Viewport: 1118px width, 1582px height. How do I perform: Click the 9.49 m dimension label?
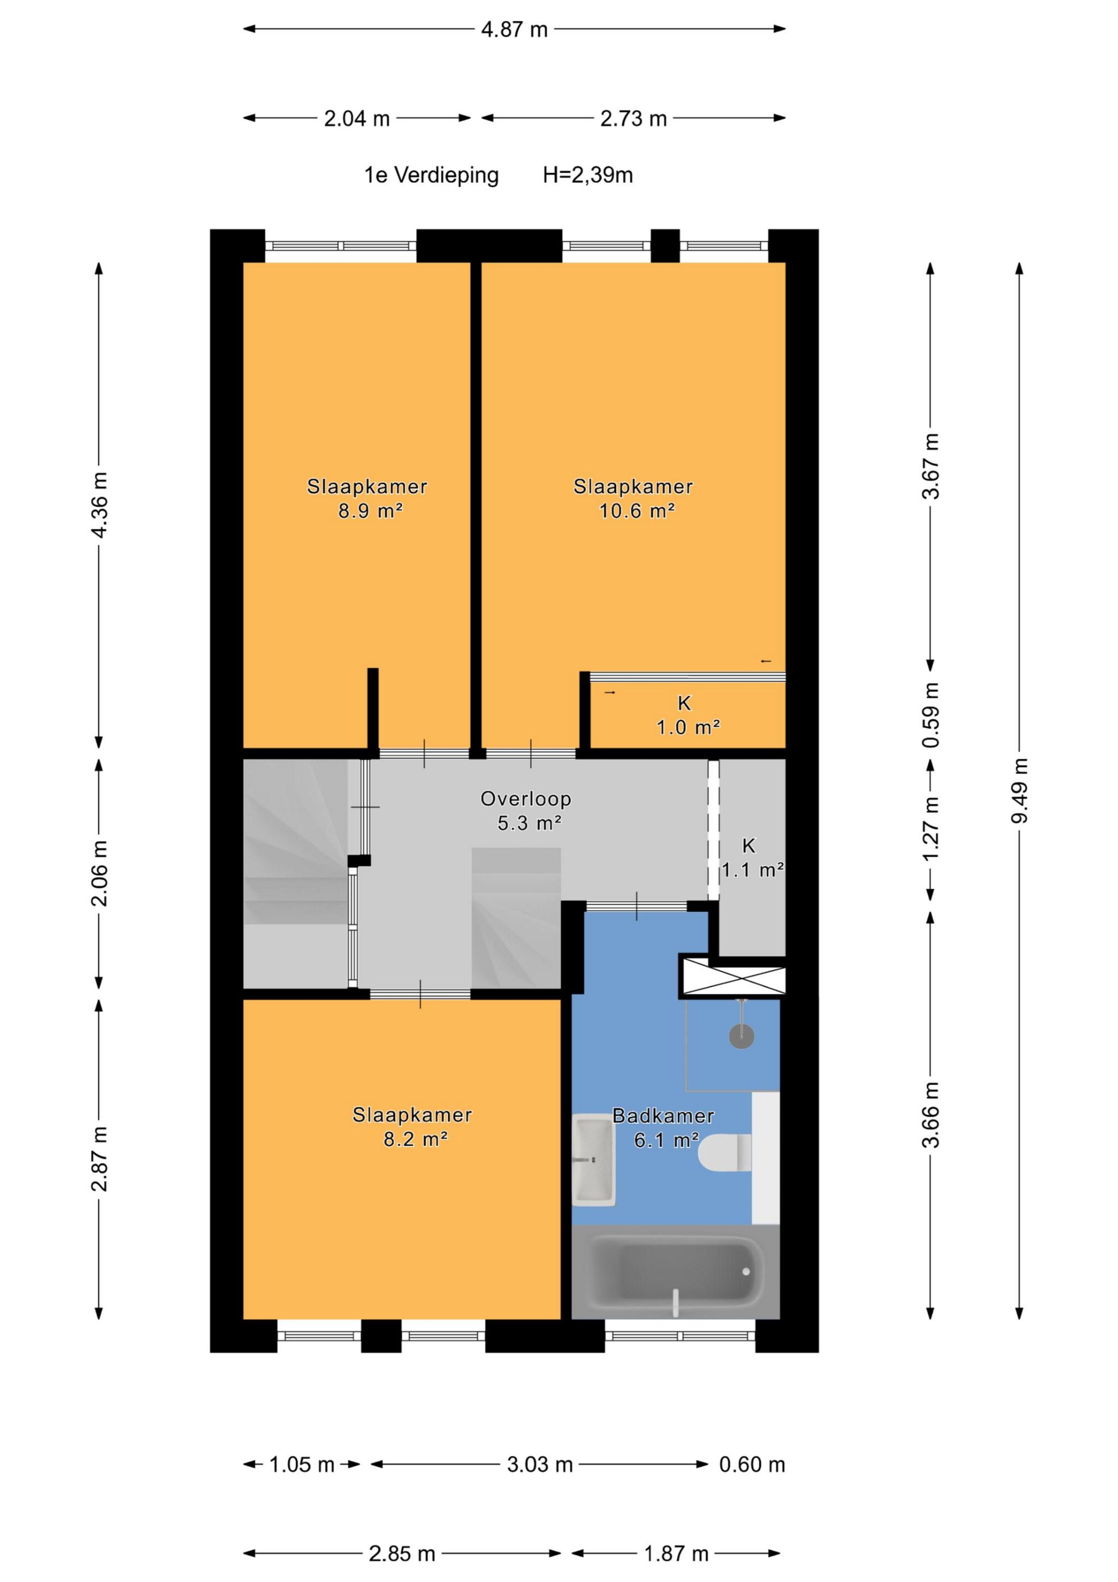click(1019, 790)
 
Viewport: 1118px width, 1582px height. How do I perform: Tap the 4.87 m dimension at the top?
click(514, 30)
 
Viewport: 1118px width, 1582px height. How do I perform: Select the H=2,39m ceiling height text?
click(588, 175)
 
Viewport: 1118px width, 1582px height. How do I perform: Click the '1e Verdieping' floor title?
click(431, 175)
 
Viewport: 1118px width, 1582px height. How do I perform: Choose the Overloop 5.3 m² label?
click(526, 811)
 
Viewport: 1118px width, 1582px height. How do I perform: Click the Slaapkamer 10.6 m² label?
click(634, 498)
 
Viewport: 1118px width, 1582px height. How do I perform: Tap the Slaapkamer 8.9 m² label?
click(367, 498)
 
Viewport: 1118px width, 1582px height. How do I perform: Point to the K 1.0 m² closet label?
click(687, 715)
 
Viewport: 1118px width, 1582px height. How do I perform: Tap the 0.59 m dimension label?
click(931, 715)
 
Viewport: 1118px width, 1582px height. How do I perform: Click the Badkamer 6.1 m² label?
click(663, 1127)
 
